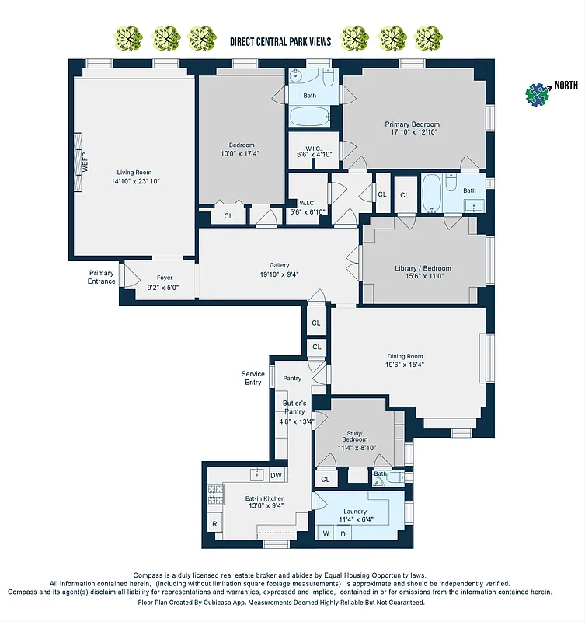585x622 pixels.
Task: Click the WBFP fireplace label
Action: pyautogui.click(x=85, y=165)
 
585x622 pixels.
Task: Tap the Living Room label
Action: pyautogui.click(x=134, y=173)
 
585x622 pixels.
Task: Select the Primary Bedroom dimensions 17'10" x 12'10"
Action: pyautogui.click(x=416, y=133)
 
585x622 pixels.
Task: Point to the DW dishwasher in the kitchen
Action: pyautogui.click(x=276, y=475)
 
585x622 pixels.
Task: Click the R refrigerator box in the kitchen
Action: pyautogui.click(x=214, y=525)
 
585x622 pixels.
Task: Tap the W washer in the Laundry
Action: pyautogui.click(x=326, y=533)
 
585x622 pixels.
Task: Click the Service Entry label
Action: pyautogui.click(x=252, y=378)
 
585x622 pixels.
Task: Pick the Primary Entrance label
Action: pyautogui.click(x=102, y=277)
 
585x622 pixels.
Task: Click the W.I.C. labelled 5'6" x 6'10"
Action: pyautogui.click(x=307, y=206)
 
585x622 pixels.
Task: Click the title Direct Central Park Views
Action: pyautogui.click(x=280, y=41)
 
